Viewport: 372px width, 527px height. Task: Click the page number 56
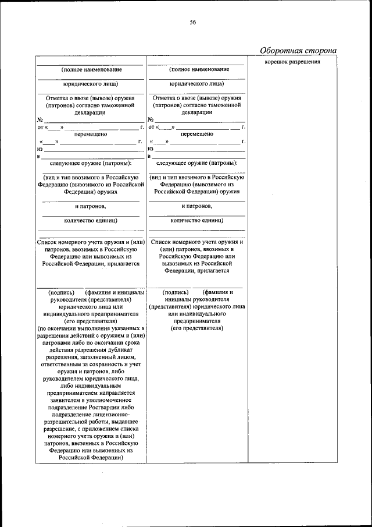click(193, 23)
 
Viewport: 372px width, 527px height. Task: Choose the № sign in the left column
click(40, 119)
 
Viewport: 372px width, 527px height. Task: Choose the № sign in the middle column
click(151, 119)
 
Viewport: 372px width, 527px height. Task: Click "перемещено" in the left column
click(91, 134)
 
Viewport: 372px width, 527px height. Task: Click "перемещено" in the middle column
click(196, 134)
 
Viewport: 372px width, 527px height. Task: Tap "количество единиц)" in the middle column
click(196, 220)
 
